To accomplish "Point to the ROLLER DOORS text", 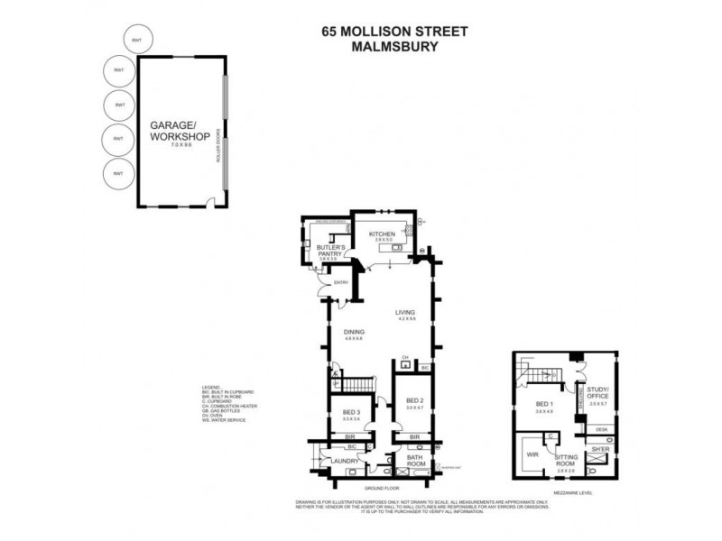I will tap(218, 143).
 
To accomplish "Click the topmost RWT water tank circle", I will tap(137, 41).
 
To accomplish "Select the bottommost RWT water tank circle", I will tap(118, 173).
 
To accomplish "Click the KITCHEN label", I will tap(384, 234).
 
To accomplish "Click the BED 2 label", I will tap(414, 399).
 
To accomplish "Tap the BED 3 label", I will tap(351, 412).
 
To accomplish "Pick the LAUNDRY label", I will tap(346, 463).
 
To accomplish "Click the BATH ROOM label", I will tap(416, 462).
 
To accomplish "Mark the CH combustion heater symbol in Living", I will tap(405, 356).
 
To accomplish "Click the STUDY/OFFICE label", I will tap(598, 394).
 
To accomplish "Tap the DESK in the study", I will tap(600, 428).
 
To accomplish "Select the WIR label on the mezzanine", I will tap(532, 454).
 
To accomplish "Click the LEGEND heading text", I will tap(213, 387).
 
